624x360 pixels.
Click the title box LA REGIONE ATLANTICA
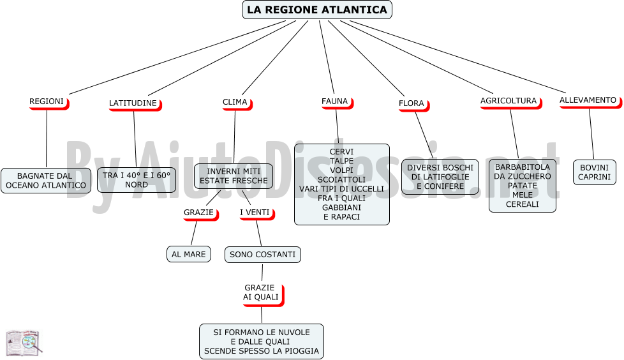[x=316, y=10]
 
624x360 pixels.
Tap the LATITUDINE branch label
[x=135, y=104]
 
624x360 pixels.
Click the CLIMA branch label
[x=237, y=103]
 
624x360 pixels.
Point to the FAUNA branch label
[x=337, y=102]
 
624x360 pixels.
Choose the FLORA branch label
[x=413, y=104]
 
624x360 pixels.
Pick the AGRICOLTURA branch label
[x=510, y=102]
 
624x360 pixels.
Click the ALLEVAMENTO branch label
[x=590, y=101]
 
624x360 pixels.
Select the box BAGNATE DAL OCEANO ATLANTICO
[x=46, y=181]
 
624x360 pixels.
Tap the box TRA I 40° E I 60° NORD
[x=137, y=180]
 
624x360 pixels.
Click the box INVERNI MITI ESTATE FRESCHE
[x=234, y=176]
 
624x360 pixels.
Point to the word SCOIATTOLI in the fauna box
[x=341, y=179]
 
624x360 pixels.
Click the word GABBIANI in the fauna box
[x=341, y=207]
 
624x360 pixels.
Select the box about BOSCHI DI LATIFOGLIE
[x=440, y=177]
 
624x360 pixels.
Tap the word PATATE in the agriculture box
[x=522, y=186]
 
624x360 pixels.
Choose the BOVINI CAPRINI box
[x=595, y=172]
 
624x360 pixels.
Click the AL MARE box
[x=189, y=254]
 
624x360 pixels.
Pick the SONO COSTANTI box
[x=263, y=255]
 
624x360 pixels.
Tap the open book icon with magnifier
[x=24, y=343]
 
